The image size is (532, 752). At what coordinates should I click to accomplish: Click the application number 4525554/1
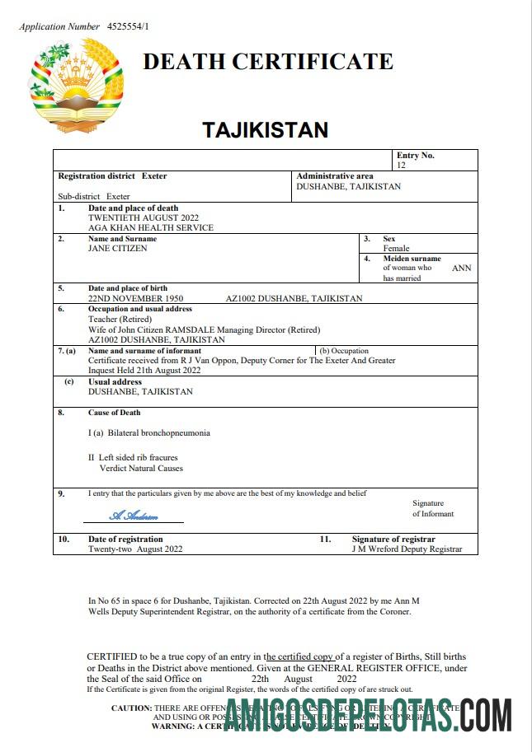tap(128, 26)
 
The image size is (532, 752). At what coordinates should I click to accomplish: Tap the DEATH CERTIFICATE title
tap(268, 62)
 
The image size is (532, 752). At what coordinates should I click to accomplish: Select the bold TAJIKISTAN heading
tap(266, 129)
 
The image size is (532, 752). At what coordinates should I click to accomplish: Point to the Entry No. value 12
tap(402, 166)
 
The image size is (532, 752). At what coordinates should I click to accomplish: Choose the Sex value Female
tap(396, 248)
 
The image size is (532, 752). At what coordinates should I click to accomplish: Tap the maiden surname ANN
tap(462, 268)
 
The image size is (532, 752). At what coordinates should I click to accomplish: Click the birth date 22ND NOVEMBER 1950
tap(136, 298)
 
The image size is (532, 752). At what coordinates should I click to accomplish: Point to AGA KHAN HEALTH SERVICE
tap(151, 227)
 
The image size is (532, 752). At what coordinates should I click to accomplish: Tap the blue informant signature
tap(134, 516)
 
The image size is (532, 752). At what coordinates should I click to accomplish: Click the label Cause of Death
tap(114, 413)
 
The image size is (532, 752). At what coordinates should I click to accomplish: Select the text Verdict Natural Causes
tap(141, 468)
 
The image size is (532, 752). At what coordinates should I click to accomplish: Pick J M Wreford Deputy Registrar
tap(407, 549)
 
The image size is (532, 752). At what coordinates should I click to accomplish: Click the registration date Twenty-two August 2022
tap(135, 549)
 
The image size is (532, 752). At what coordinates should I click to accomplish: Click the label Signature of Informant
tap(432, 508)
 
